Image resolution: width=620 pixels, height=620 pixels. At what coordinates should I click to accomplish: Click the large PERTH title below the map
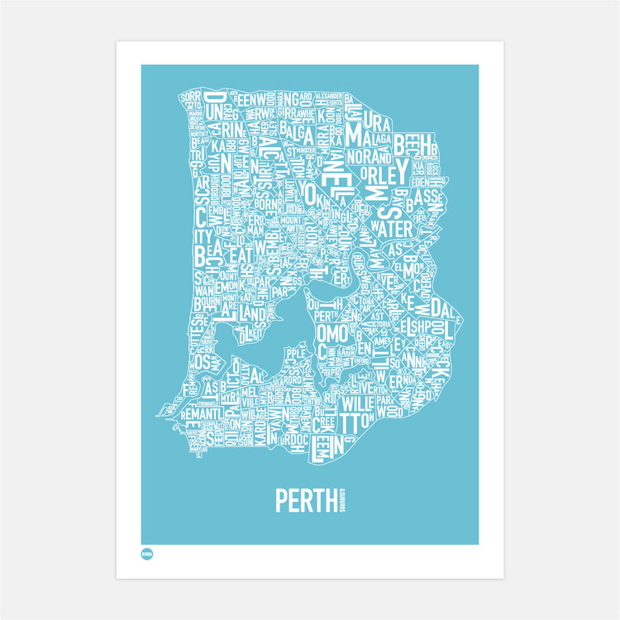coord(303,500)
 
